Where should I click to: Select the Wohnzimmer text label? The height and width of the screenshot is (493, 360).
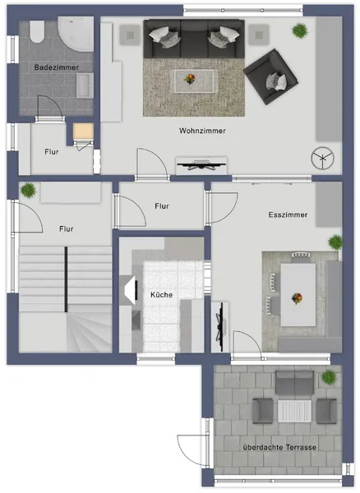(202, 131)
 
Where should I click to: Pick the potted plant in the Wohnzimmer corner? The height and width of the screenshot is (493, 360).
(300, 30)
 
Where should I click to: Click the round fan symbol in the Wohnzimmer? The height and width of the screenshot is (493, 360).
(320, 157)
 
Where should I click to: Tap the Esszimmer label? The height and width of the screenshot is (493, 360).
(288, 214)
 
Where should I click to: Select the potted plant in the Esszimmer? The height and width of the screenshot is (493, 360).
(335, 242)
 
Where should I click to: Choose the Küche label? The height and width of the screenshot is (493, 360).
(161, 294)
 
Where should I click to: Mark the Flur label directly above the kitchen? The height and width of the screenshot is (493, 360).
(162, 207)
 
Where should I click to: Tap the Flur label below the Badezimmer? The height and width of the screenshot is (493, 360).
(51, 151)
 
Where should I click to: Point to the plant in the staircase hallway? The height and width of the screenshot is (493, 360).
(29, 190)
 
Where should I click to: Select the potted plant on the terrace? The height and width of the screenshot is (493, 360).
(330, 376)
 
